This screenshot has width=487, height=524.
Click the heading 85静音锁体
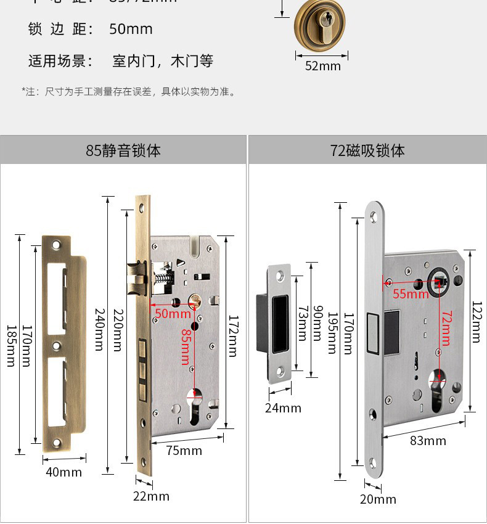123,150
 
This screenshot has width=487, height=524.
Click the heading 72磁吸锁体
367,150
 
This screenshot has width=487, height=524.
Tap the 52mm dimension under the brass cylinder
322,66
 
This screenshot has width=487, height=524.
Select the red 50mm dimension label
173,313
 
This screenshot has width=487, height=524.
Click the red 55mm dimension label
411,294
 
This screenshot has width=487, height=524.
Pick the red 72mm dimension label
446,328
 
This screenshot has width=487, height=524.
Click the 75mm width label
184,451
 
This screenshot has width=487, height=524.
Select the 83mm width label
428,441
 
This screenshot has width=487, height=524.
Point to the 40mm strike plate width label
63,472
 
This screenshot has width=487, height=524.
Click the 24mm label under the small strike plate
283,407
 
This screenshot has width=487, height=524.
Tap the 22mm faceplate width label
151,496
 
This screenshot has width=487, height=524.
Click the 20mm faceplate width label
378,499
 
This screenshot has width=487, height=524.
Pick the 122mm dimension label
476,321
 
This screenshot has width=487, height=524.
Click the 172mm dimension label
232,337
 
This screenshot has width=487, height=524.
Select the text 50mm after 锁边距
131,29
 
